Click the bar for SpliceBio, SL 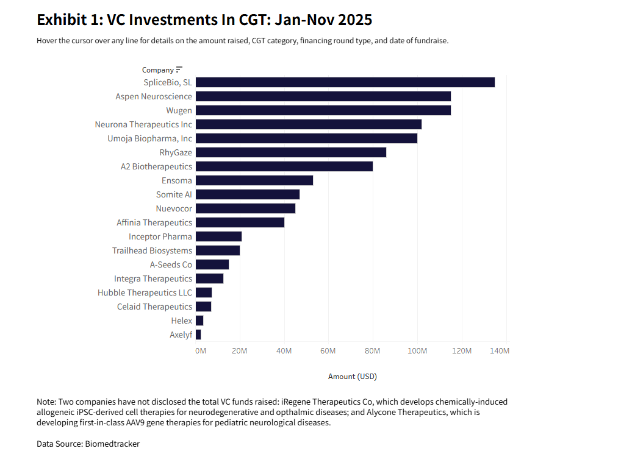345,82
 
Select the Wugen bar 323,110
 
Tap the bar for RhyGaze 290,152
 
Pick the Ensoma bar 254,180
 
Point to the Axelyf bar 198,335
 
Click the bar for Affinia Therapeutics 240,222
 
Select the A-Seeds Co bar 212,264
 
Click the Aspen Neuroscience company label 154,96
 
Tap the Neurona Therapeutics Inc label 143,124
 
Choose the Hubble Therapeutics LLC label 145,293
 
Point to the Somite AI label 174,194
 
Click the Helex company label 181,321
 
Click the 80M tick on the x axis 372,351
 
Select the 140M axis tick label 500,351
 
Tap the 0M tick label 200,351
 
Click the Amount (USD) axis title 352,377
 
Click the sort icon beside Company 179,69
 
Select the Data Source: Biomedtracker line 88,444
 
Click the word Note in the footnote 46,402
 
